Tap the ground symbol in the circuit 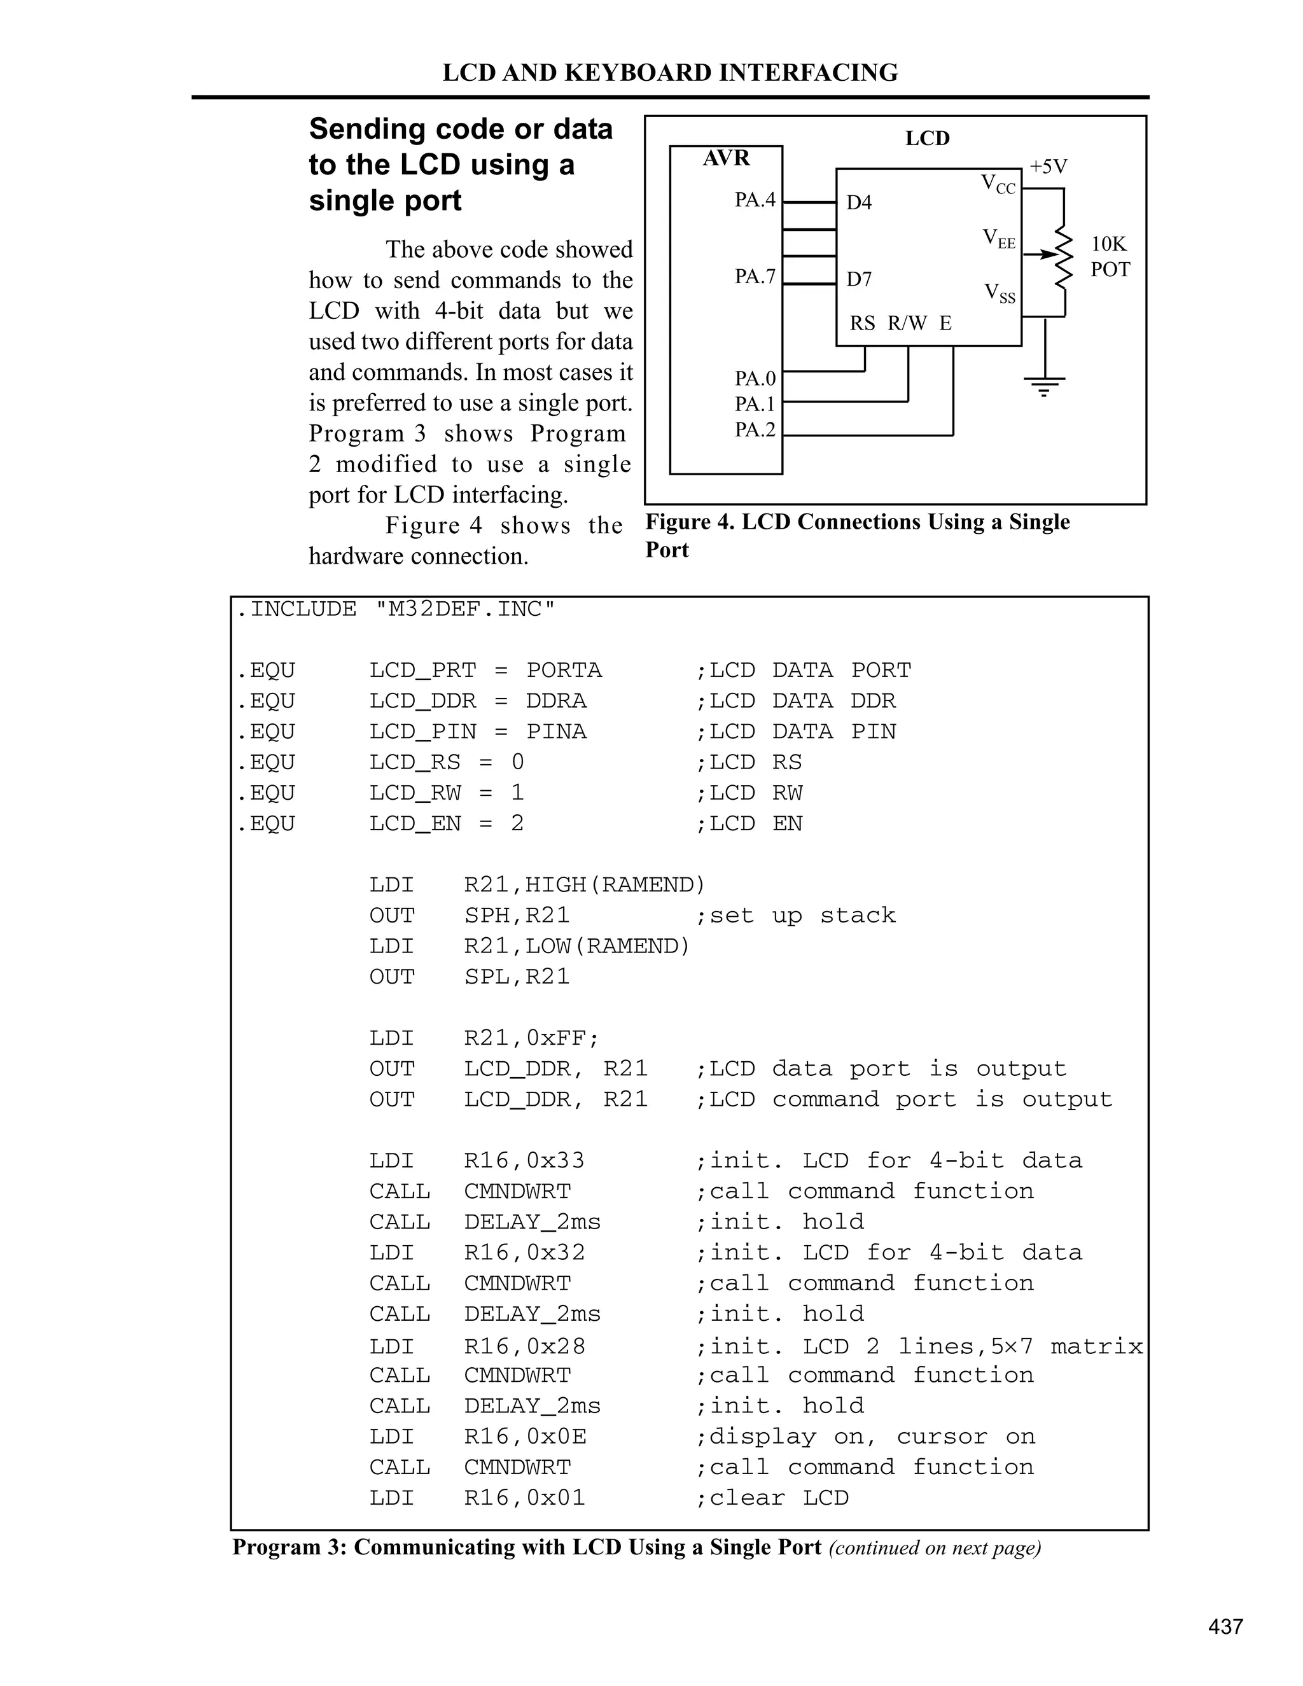pyautogui.click(x=1045, y=385)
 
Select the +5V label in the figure pyautogui.click(x=1049, y=167)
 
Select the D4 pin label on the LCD pyautogui.click(x=858, y=202)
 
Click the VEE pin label pyautogui.click(x=999, y=239)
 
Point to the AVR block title pyautogui.click(x=725, y=158)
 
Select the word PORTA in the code pyautogui.click(x=564, y=670)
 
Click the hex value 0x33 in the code pyautogui.click(x=555, y=1160)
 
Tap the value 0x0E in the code pyautogui.click(x=555, y=1437)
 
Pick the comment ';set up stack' pyautogui.click(x=795, y=916)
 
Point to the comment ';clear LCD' pyautogui.click(x=771, y=1498)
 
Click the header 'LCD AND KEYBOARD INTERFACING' pyautogui.click(x=670, y=73)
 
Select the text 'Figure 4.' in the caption pyautogui.click(x=689, y=522)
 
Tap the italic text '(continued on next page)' pyautogui.click(x=935, y=1548)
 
